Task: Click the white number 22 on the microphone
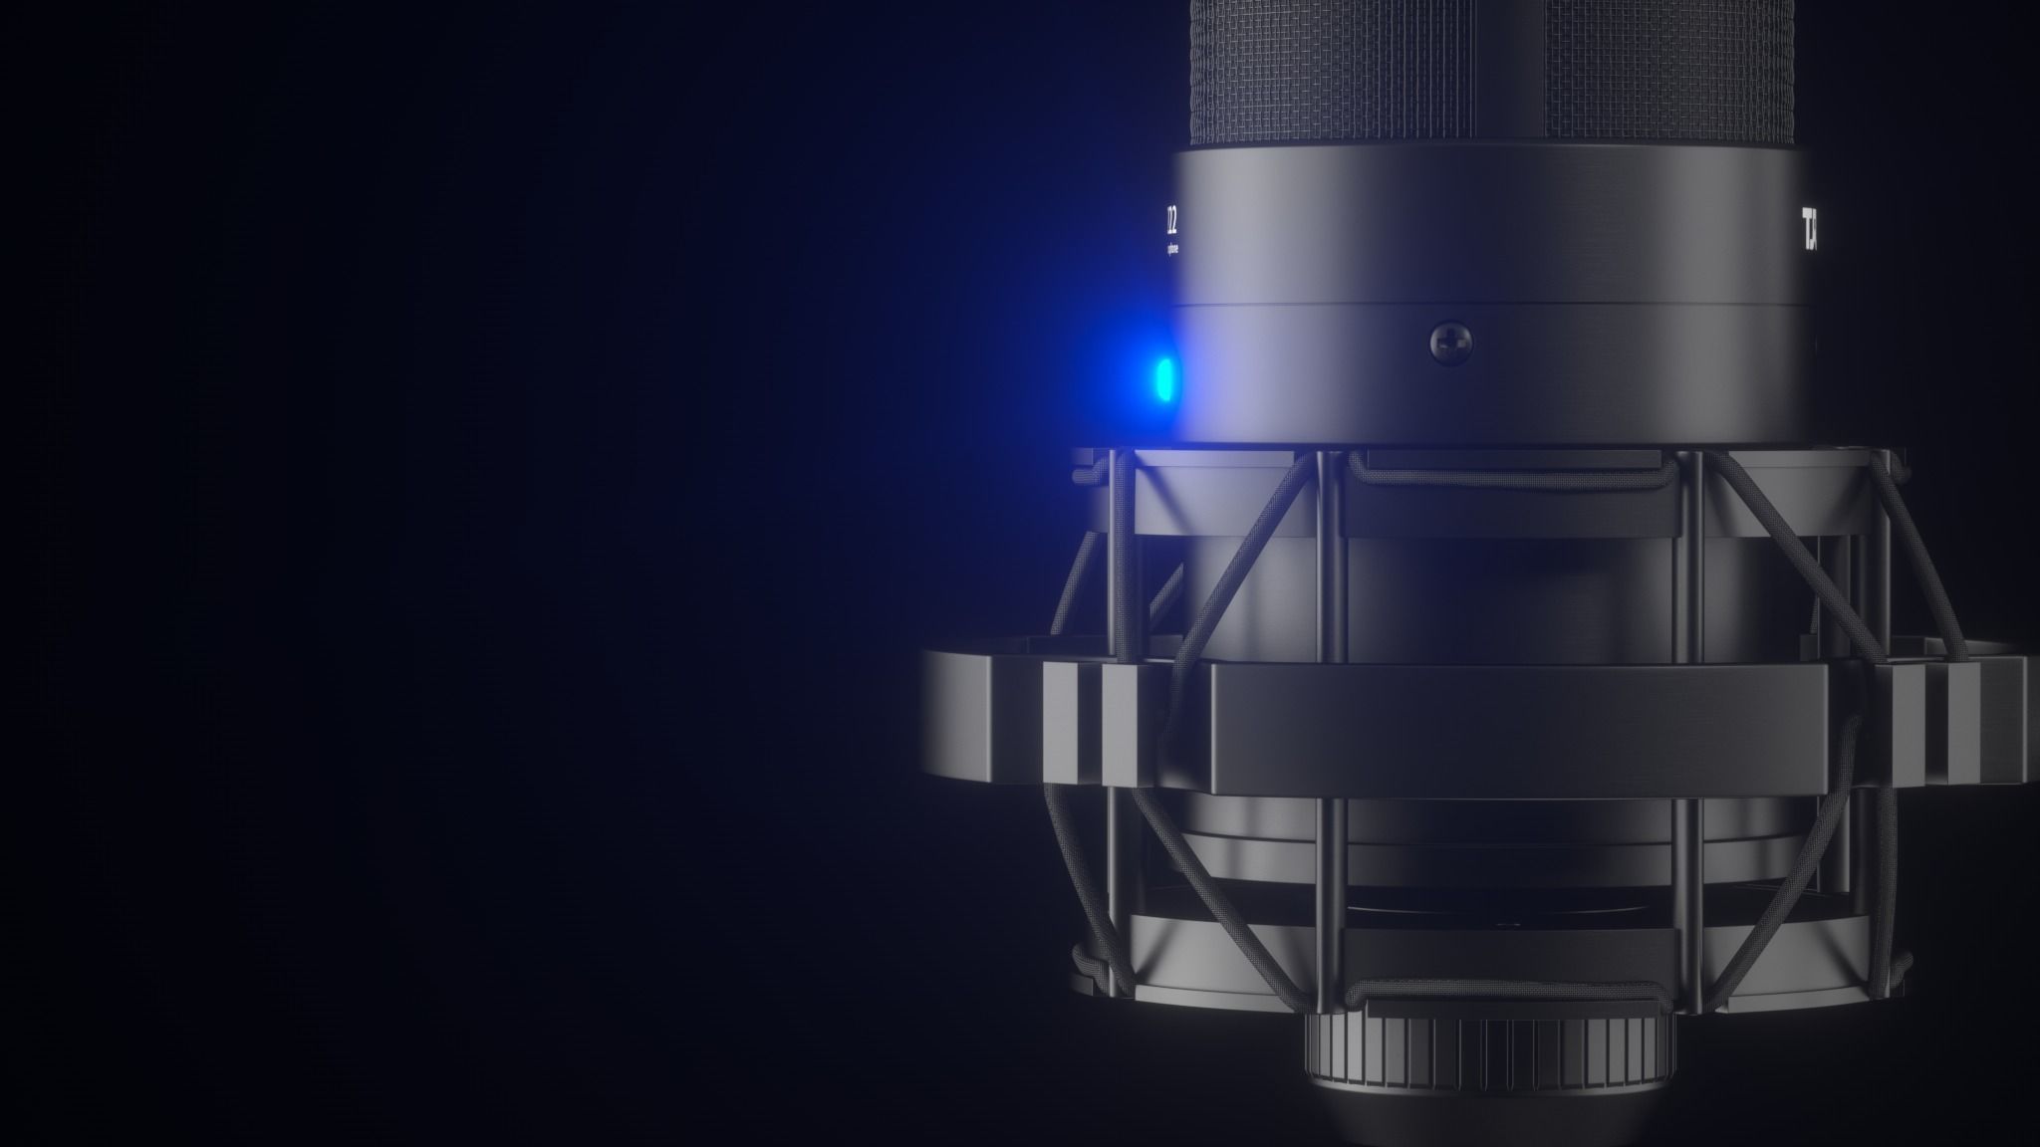click(x=1172, y=217)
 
